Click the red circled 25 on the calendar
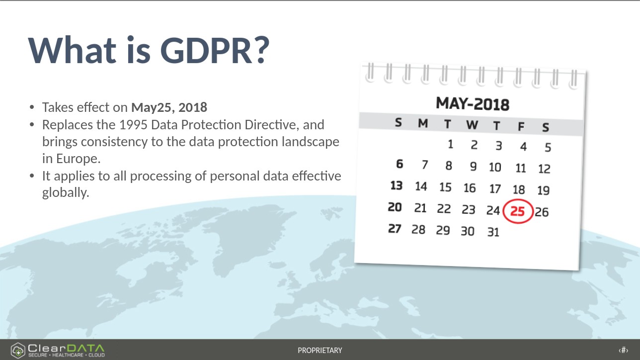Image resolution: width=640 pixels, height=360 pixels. [518, 211]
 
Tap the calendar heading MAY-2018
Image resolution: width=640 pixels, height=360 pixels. [473, 104]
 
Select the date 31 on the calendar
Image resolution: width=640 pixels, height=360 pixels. [493, 232]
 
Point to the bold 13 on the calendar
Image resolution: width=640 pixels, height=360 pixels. [397, 185]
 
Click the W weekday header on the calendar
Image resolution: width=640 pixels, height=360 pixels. [472, 125]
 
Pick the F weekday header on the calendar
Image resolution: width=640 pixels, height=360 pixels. [521, 126]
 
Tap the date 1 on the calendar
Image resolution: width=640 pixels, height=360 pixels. [450, 144]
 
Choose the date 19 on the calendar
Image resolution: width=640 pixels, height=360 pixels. [544, 190]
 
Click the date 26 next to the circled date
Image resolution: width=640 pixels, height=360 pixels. [542, 212]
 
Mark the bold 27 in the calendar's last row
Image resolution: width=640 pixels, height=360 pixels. [395, 229]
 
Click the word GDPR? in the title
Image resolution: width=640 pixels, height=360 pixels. [215, 50]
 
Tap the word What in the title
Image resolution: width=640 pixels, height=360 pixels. [72, 50]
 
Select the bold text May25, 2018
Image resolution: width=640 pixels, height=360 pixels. [169, 107]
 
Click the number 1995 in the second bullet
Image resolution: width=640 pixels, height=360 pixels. [133, 125]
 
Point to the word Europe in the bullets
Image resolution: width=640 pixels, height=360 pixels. [79, 159]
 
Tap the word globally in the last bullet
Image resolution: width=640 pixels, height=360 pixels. [66, 192]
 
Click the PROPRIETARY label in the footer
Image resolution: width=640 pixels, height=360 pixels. [320, 350]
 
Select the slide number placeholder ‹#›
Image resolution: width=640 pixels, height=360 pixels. [623, 350]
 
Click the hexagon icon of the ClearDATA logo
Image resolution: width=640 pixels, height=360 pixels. [18, 350]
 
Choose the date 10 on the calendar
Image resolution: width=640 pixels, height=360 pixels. [495, 167]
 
